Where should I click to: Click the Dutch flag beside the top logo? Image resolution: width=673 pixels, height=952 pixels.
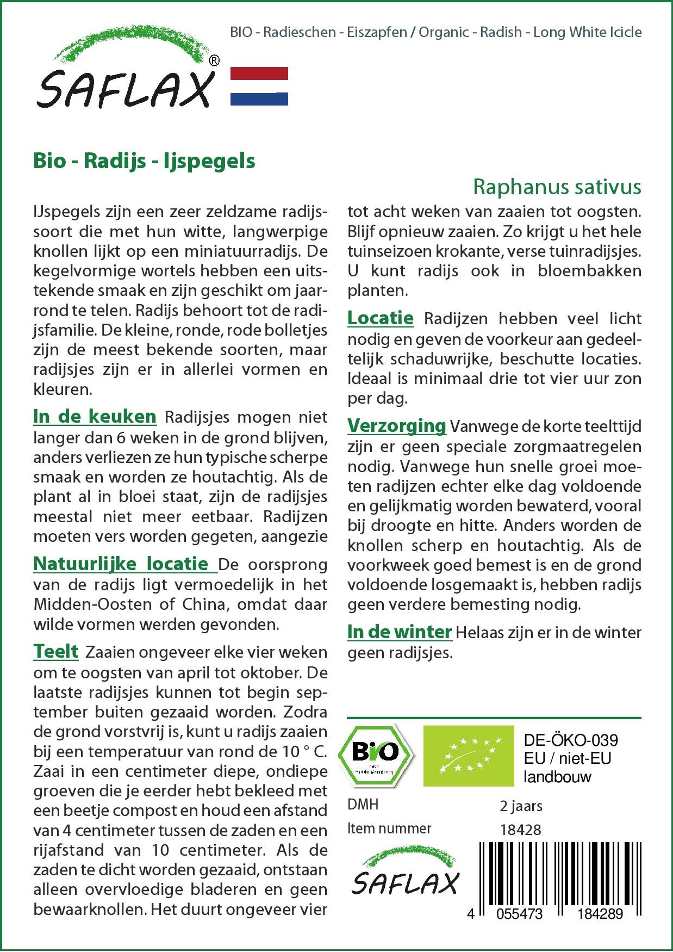pyautogui.click(x=259, y=86)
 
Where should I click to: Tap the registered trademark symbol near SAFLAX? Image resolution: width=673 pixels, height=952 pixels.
pyautogui.click(x=215, y=60)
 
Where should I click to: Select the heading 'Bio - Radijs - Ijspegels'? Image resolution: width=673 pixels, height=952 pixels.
pyautogui.click(x=144, y=161)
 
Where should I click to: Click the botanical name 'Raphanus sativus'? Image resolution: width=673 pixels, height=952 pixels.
pyautogui.click(x=557, y=187)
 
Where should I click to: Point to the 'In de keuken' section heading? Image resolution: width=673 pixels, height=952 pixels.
pyautogui.click(x=95, y=417)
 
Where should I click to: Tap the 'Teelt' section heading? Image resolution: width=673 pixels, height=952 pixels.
pyautogui.click(x=56, y=651)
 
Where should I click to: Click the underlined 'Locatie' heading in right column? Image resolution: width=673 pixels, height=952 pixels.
pyautogui.click(x=381, y=318)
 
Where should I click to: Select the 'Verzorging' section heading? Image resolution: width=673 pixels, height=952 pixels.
pyautogui.click(x=396, y=425)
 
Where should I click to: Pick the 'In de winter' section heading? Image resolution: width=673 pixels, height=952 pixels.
pyautogui.click(x=400, y=632)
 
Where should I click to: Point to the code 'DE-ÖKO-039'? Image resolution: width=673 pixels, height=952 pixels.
pyautogui.click(x=571, y=740)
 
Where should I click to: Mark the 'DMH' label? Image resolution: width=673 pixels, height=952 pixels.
pyautogui.click(x=363, y=805)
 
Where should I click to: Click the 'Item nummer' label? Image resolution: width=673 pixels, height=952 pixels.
pyautogui.click(x=389, y=829)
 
